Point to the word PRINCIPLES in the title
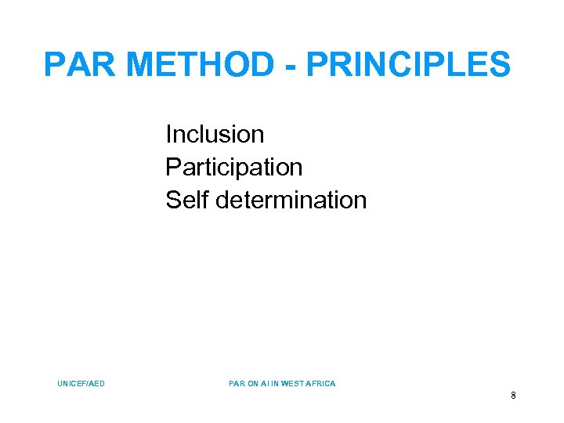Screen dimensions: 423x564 click(407, 64)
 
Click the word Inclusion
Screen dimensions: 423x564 click(215, 135)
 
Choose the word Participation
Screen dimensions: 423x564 click(233, 168)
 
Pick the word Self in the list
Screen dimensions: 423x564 click(186, 201)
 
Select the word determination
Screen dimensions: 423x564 click(291, 201)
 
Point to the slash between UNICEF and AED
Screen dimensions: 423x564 click(88, 384)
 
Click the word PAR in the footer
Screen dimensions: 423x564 click(236, 384)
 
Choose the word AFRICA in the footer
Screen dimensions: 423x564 click(321, 384)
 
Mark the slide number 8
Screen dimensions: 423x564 click(513, 396)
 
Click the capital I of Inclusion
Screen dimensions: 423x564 click(168, 135)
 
